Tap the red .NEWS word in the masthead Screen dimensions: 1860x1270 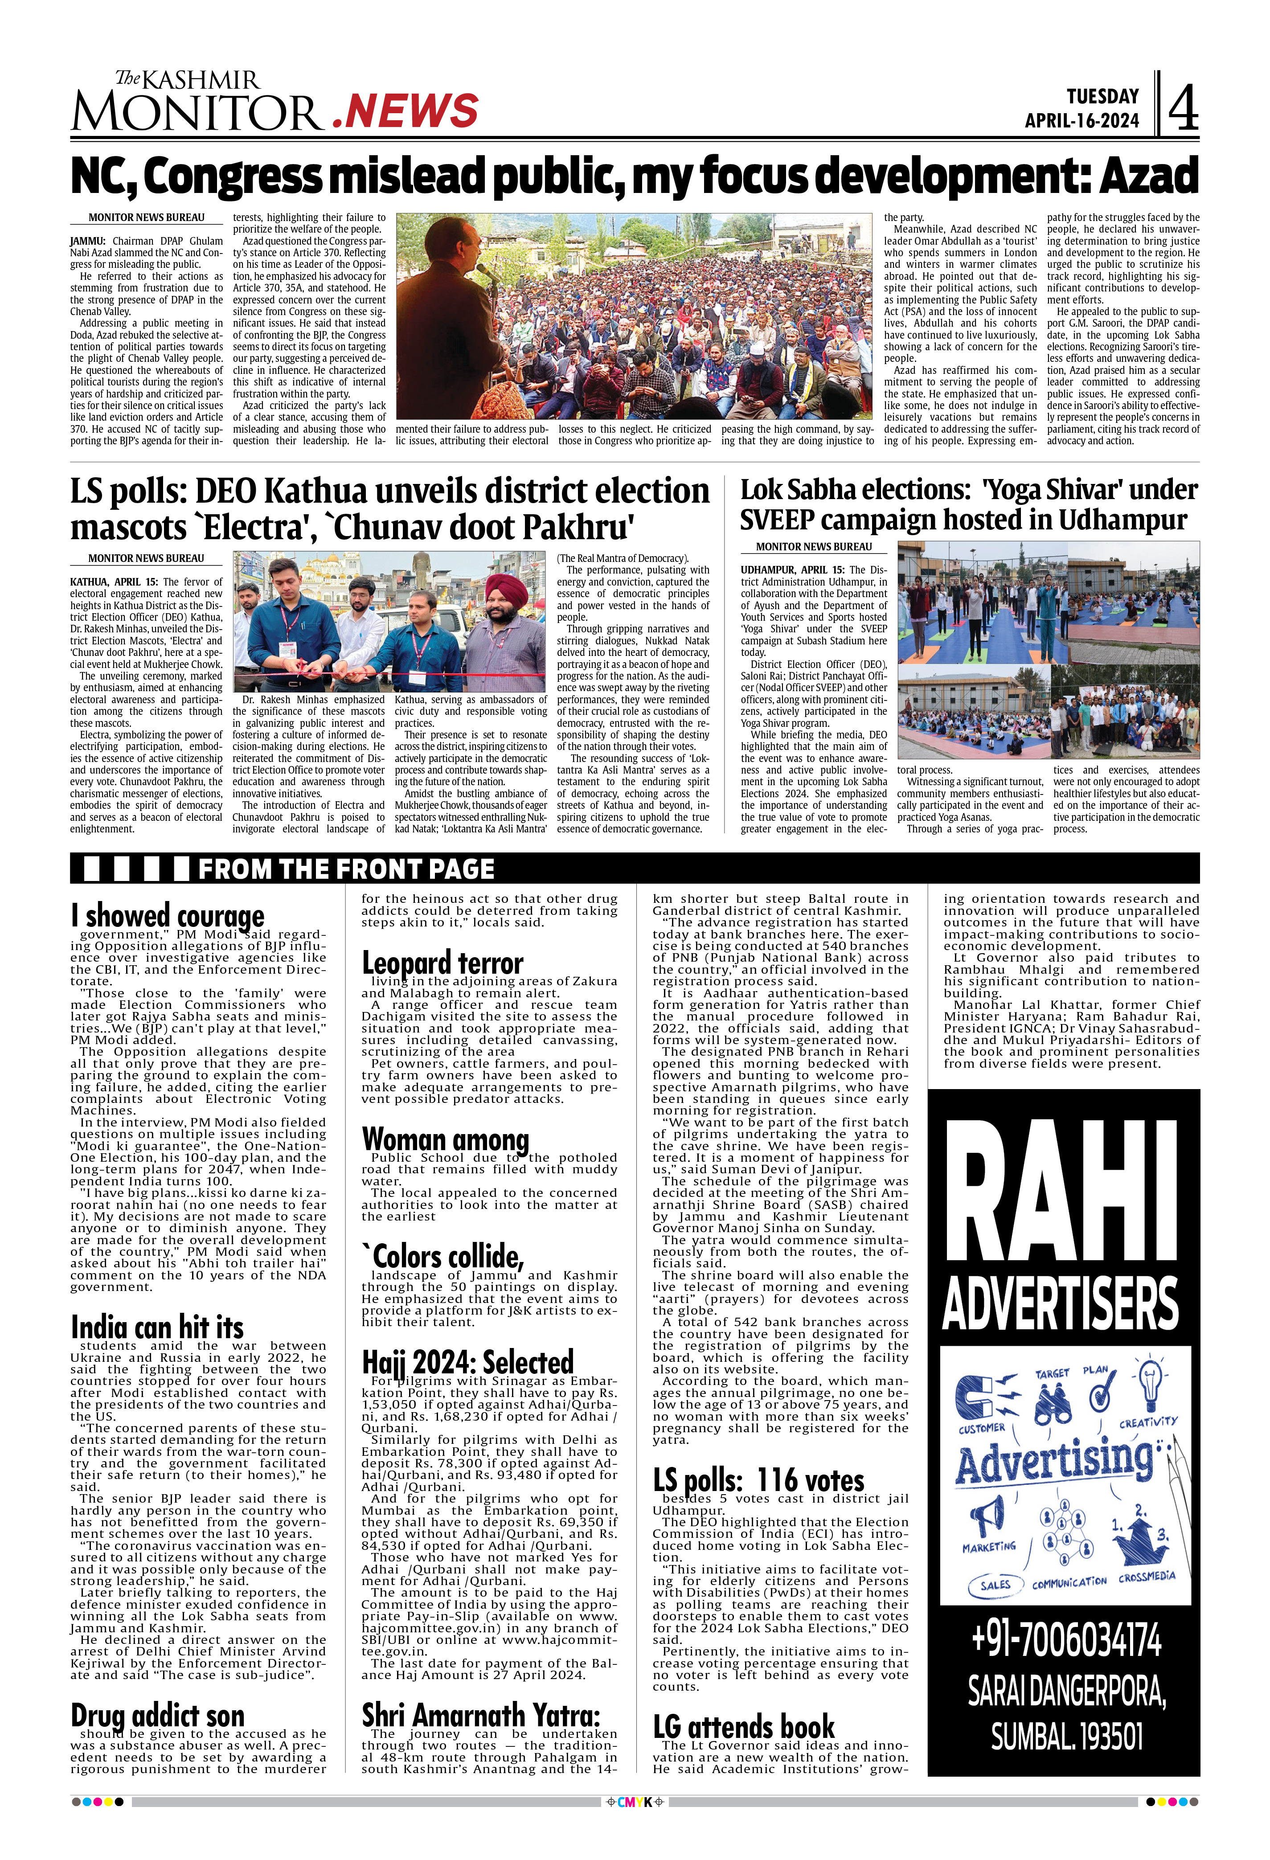405,111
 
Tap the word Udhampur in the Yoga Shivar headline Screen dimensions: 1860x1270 1122,520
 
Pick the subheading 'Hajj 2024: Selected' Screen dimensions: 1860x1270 467,1362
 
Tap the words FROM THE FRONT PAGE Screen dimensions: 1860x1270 346,869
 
